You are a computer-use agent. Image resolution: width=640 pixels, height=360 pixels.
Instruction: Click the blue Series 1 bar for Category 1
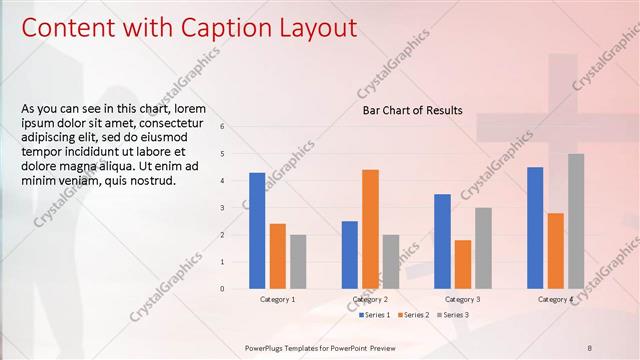[x=257, y=230]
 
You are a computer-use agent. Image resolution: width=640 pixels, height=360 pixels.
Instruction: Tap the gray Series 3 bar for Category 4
[x=576, y=221]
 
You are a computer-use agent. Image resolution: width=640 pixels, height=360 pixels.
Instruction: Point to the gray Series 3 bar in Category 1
[x=298, y=262]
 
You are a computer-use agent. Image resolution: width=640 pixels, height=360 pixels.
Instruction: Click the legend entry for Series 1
[x=376, y=315]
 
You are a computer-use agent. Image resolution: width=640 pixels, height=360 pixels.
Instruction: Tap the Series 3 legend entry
[x=452, y=315]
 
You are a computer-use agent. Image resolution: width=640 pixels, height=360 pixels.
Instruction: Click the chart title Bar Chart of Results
[x=412, y=111]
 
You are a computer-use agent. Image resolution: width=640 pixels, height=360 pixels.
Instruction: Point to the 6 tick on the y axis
[x=236, y=127]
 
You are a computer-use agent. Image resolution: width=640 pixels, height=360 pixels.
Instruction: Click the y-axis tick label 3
[x=236, y=208]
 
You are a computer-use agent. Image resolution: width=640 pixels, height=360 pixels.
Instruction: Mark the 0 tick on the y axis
[x=236, y=289]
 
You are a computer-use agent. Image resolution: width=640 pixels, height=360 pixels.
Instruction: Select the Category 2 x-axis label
[x=370, y=299]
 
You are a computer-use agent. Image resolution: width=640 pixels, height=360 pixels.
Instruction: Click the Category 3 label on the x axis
[x=462, y=299]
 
